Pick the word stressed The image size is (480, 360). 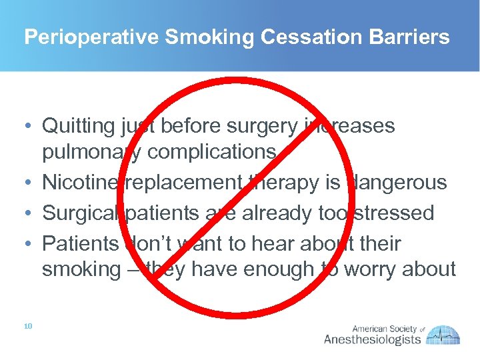pos(391,213)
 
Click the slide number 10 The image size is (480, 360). pos(27,326)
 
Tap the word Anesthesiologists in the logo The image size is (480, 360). pos(372,339)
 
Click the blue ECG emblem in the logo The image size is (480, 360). pos(443,335)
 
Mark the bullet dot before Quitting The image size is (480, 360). pos(28,126)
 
